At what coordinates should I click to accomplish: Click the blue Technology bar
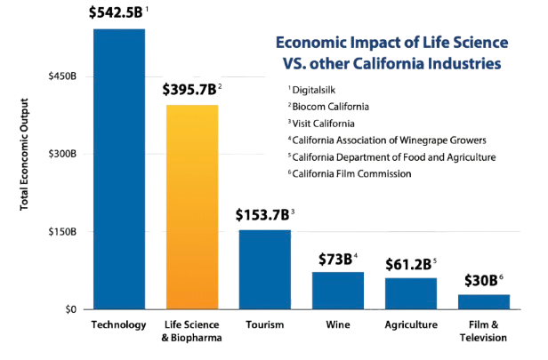point(119,169)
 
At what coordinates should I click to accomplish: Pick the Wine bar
point(338,290)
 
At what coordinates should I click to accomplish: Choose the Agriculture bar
point(411,292)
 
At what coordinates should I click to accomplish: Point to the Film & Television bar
point(483,300)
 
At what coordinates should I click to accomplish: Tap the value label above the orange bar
point(190,90)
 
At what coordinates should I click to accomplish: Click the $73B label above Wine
point(338,259)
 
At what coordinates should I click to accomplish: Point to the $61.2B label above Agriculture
point(409,264)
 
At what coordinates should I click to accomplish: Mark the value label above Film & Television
point(482,281)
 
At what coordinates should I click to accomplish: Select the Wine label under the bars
point(338,324)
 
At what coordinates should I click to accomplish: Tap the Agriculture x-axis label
point(410,324)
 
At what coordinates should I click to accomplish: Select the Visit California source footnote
point(324,123)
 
